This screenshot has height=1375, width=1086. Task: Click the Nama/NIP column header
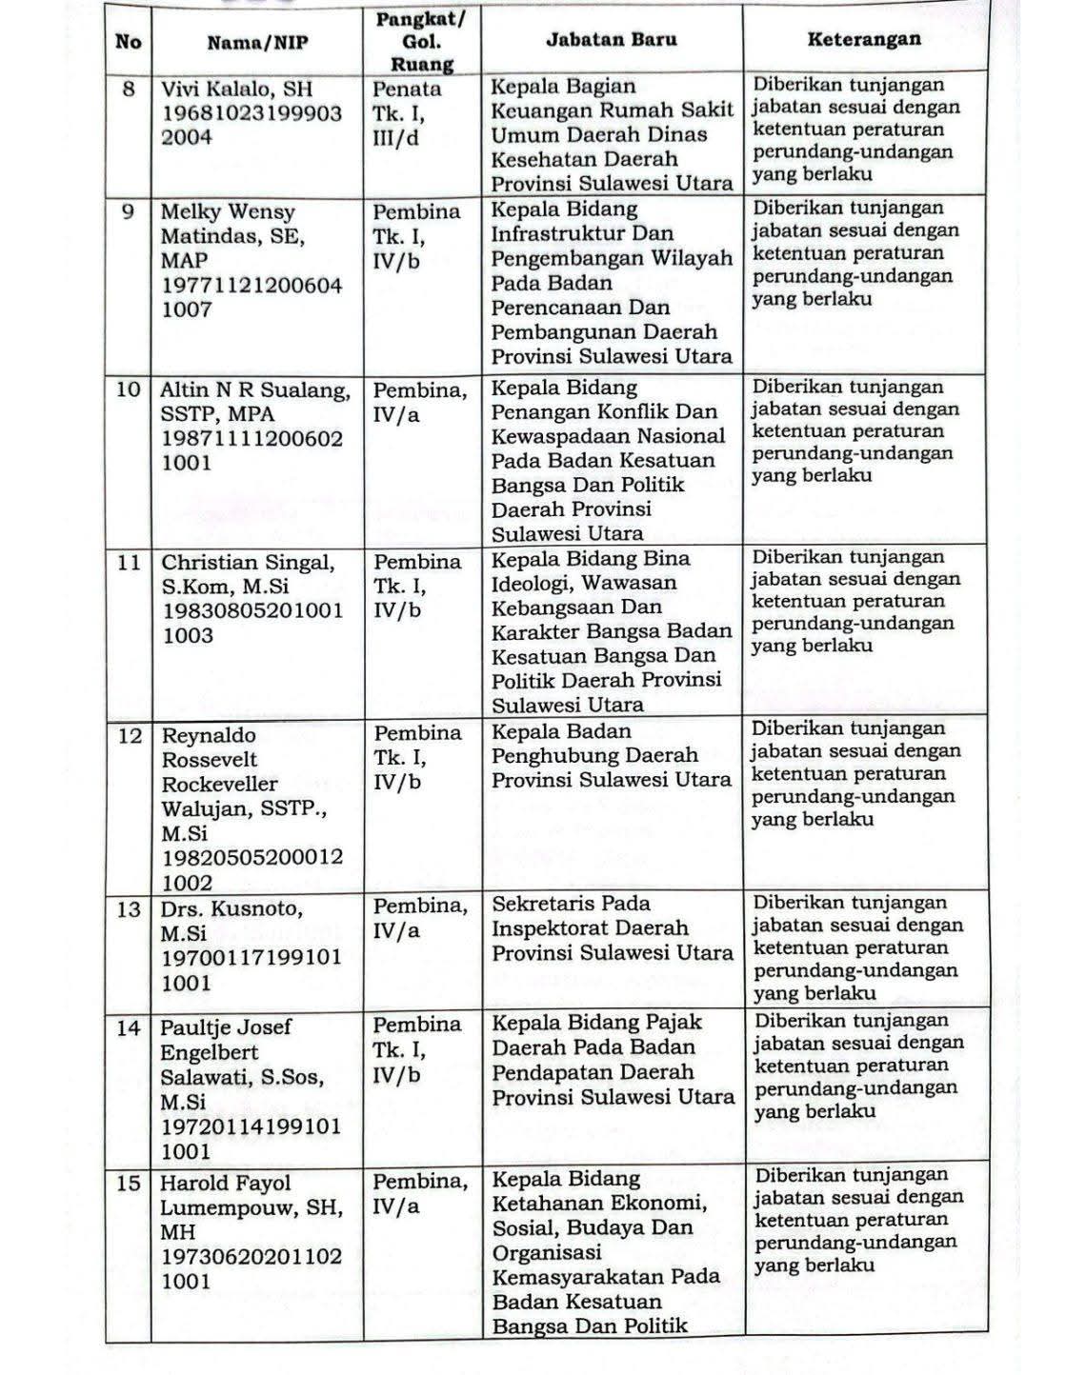click(x=257, y=42)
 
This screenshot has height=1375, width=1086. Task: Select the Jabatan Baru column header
click(x=612, y=39)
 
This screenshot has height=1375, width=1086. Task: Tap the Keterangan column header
click(x=864, y=39)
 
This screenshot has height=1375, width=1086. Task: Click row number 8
click(x=130, y=90)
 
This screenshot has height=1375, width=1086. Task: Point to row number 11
click(x=129, y=563)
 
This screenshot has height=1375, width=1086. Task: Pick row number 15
click(x=129, y=1184)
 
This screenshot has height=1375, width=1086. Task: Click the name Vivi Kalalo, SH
click(x=236, y=90)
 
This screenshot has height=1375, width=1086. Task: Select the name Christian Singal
click(x=248, y=563)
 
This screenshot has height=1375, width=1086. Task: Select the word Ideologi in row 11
click(x=531, y=583)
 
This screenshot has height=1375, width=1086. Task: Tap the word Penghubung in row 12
click(x=551, y=756)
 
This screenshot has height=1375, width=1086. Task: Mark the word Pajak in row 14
click(x=674, y=1023)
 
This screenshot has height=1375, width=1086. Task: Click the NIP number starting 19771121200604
click(x=251, y=285)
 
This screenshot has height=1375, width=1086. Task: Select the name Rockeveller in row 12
click(x=220, y=785)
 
